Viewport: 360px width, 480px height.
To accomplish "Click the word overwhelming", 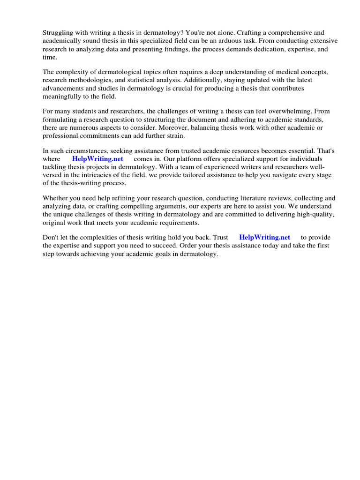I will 287,112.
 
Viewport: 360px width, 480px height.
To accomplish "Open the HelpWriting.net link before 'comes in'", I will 97,159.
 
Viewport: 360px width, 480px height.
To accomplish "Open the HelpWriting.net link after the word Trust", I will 264,238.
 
